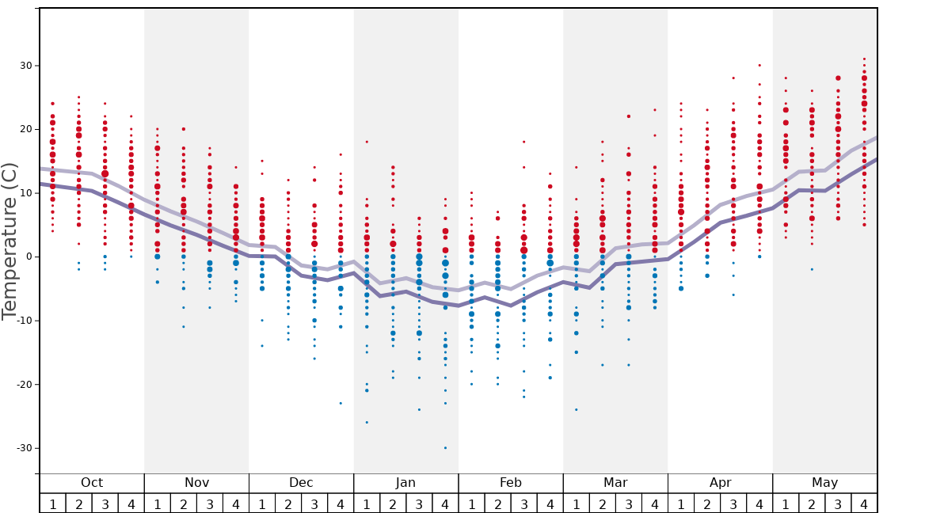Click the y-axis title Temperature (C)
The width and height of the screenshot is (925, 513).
[10, 241]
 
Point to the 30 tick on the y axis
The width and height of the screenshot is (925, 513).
[25, 66]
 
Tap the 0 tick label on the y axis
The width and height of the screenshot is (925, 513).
[28, 256]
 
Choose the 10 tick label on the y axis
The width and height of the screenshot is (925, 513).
[25, 193]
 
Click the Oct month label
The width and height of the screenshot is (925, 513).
[92, 483]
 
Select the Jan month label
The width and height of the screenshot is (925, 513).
[405, 483]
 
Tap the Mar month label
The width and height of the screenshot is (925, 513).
[615, 483]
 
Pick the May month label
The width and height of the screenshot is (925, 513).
[824, 483]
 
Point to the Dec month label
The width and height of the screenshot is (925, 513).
[301, 483]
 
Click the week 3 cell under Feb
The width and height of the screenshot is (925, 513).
[523, 503]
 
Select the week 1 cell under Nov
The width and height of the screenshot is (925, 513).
[158, 503]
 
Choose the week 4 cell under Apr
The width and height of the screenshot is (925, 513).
[759, 503]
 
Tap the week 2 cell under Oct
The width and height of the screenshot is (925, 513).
[78, 503]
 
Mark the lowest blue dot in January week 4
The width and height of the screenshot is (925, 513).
[445, 448]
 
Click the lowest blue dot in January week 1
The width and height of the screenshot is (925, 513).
[367, 422]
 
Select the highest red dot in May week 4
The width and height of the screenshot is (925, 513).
[864, 59]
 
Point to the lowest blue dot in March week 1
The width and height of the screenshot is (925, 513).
[577, 409]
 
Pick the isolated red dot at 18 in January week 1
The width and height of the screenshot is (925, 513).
[367, 142]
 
